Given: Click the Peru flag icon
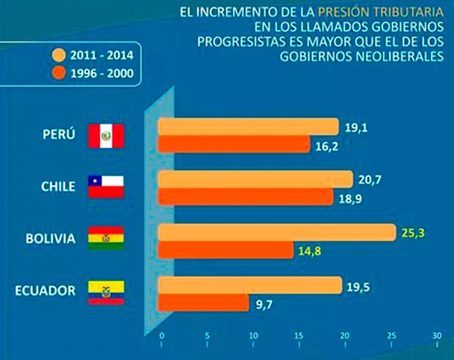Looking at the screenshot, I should [106, 136].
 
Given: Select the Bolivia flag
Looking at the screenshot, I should [106, 239].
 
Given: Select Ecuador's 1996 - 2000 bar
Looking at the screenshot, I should [204, 302].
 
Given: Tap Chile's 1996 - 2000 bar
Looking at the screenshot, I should [246, 196].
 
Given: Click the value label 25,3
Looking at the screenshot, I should [412, 232].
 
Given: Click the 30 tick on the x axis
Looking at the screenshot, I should [436, 337].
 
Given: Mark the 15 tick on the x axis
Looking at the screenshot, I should [299, 337].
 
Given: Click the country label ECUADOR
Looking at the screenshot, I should [45, 289].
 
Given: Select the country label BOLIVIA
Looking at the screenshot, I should [50, 239].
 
